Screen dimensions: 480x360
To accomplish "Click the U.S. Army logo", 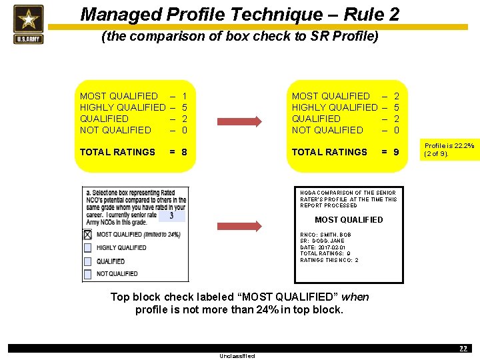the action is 28,24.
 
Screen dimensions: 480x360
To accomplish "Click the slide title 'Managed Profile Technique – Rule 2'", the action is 240,14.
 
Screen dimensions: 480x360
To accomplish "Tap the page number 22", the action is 463,349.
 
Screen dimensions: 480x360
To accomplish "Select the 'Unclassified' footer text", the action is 237,356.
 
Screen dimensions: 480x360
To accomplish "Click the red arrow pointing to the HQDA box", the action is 240,227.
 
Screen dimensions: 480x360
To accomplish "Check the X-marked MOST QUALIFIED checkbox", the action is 87,235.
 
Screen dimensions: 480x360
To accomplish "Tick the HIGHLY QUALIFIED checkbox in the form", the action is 87,248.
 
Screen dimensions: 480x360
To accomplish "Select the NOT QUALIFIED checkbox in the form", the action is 87,274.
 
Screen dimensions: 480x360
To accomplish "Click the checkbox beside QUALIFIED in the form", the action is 87,261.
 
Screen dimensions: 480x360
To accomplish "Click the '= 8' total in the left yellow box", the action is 178,152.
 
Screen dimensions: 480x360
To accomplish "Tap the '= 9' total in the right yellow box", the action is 390,152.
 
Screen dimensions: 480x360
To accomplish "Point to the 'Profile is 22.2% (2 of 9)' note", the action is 449,150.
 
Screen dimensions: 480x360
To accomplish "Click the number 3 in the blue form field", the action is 171,216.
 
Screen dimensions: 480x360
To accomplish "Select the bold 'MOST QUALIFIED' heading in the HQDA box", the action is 349,220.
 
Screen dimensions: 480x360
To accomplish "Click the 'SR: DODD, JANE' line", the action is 323,241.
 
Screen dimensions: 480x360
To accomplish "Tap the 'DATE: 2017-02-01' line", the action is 323,247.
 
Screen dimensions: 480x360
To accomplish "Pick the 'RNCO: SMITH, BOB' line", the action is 325,235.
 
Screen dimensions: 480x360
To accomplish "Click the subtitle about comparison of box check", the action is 240,37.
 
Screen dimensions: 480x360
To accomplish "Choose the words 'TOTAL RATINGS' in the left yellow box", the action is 117,152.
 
